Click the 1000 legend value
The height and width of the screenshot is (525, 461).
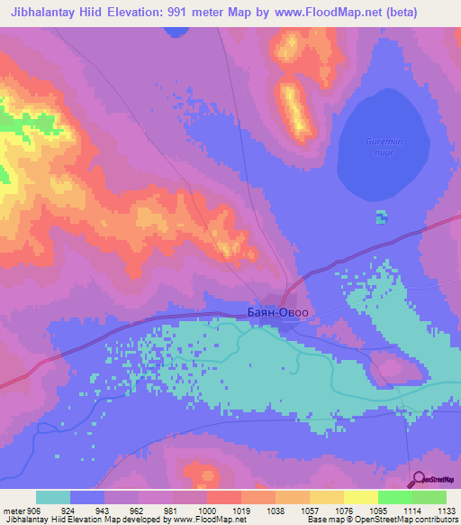pyautogui.click(x=207, y=509)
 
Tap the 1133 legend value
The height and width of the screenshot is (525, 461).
pyautogui.click(x=446, y=509)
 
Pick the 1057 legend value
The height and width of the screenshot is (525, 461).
pyautogui.click(x=310, y=509)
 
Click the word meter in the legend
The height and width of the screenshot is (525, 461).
pyautogui.click(x=13, y=509)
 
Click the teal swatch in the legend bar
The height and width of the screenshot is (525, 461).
pyautogui.click(x=53, y=497)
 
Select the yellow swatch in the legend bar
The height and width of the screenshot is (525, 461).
pyautogui.click(x=361, y=497)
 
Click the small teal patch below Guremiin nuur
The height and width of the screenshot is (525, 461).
pyautogui.click(x=382, y=216)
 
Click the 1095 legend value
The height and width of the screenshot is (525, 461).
pyautogui.click(x=378, y=509)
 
